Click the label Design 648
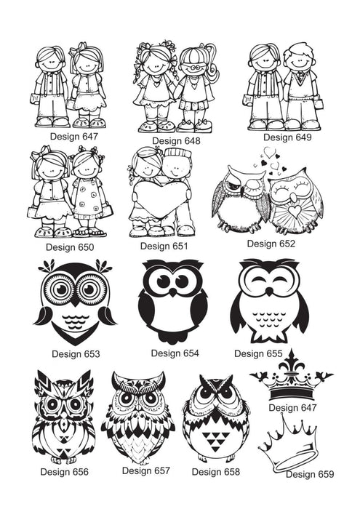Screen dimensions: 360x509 (x=176, y=141)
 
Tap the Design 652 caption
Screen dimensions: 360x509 (x=271, y=244)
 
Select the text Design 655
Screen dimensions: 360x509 (x=258, y=353)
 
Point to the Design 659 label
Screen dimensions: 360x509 (x=310, y=474)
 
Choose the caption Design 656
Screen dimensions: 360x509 (x=64, y=472)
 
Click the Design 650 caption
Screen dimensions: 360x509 (x=70, y=247)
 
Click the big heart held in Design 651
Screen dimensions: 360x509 (x=160, y=197)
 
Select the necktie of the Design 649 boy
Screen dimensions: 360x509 (x=301, y=77)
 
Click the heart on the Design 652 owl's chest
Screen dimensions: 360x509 (x=295, y=211)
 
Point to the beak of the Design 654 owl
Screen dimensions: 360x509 (x=173, y=292)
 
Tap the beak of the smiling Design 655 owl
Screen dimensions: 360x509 (x=269, y=291)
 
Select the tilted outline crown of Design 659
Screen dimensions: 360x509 (x=289, y=447)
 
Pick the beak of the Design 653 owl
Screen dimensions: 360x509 (x=75, y=301)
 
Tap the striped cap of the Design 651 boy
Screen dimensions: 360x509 (x=178, y=153)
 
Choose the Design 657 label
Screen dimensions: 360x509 (x=146, y=470)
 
